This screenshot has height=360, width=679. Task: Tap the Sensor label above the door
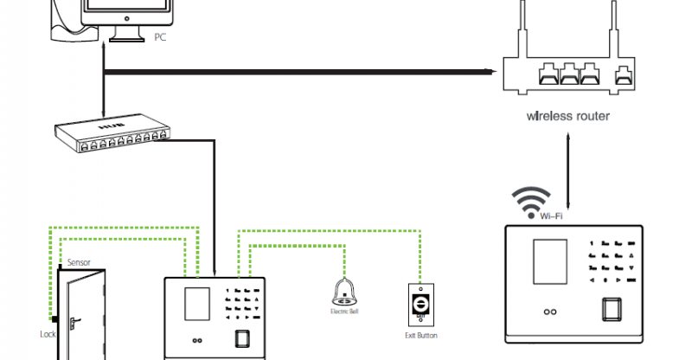[79, 260]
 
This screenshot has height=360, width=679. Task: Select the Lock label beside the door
[48, 333]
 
